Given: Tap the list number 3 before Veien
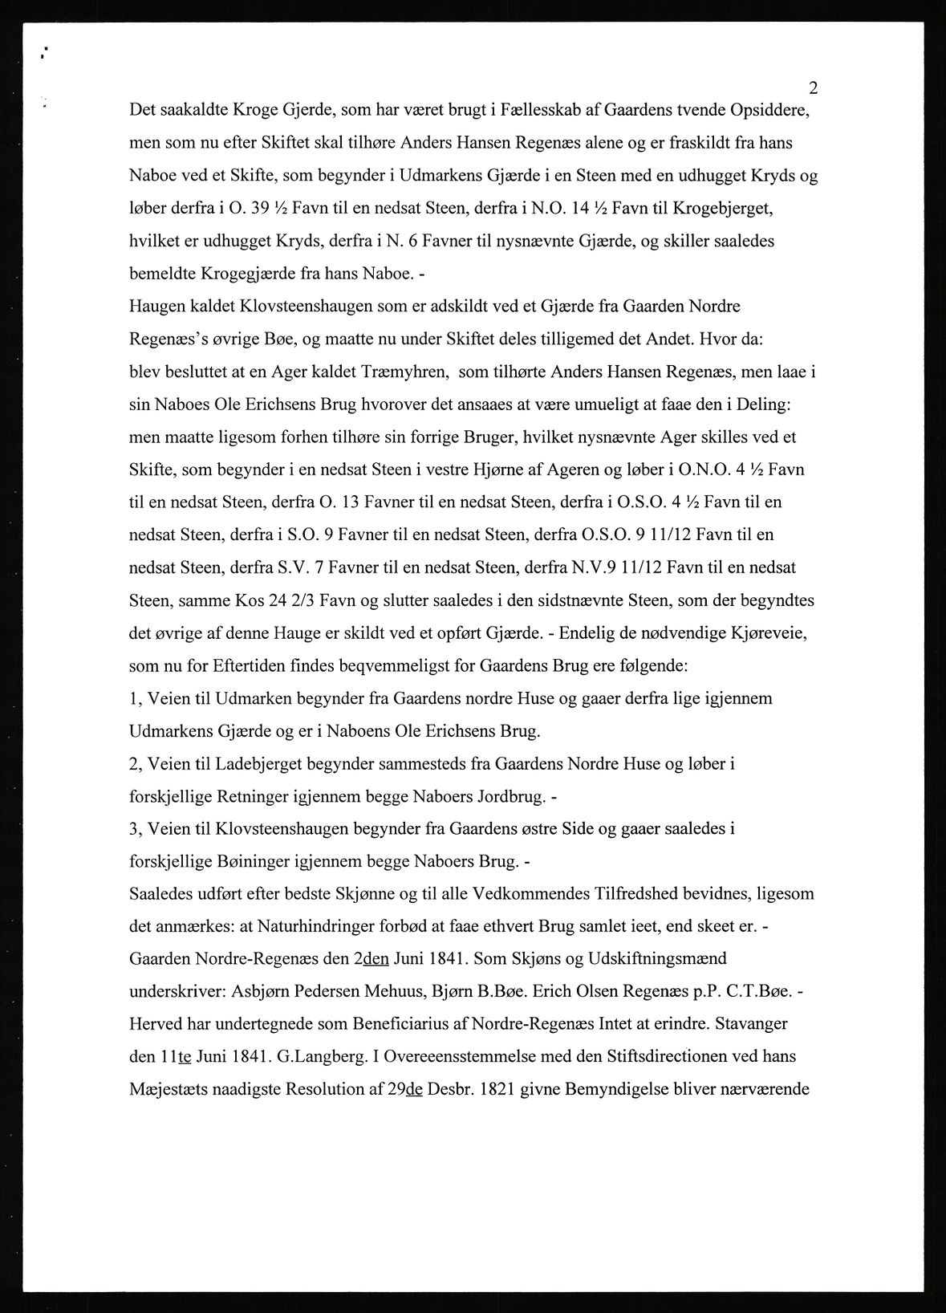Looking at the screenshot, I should tap(134, 828).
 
